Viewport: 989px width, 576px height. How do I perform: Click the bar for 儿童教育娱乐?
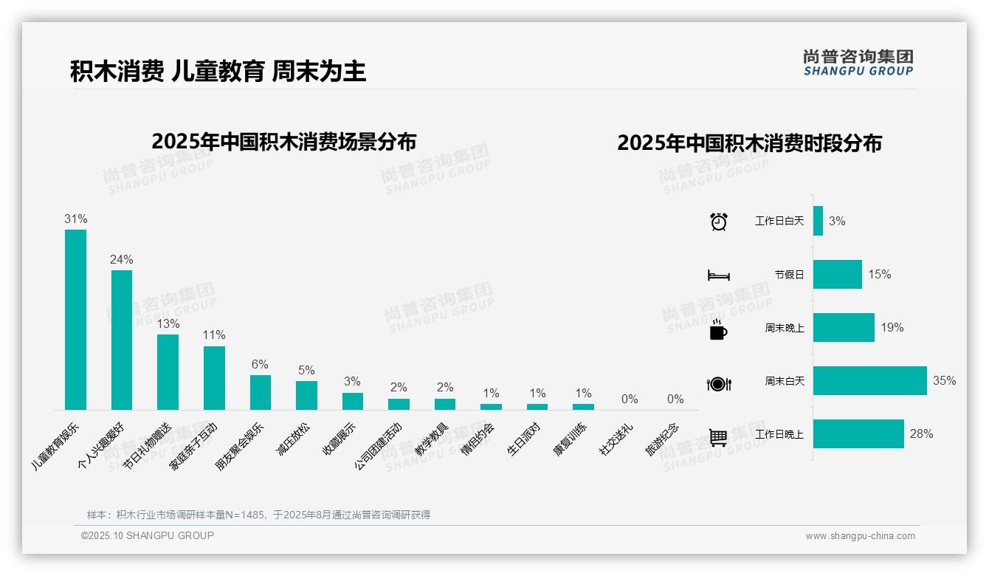click(75, 319)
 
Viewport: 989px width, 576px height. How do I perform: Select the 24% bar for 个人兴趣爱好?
click(122, 340)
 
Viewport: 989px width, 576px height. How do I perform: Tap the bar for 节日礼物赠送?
click(168, 371)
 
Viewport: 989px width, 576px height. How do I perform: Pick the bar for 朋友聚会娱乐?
click(260, 392)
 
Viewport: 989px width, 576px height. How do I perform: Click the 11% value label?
click(214, 335)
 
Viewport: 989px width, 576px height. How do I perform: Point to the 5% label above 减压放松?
click(306, 370)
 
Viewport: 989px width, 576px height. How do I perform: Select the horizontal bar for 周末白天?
click(869, 381)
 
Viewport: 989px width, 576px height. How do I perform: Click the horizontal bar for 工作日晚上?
click(858, 434)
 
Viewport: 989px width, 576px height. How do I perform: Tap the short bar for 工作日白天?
click(818, 221)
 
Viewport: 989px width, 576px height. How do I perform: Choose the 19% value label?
click(892, 327)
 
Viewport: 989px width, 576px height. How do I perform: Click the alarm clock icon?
click(719, 221)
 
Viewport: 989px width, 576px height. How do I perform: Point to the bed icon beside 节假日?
click(719, 275)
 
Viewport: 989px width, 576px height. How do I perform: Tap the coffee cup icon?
click(718, 329)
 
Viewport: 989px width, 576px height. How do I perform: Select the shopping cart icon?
click(718, 437)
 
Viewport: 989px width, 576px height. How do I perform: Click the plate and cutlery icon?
click(719, 383)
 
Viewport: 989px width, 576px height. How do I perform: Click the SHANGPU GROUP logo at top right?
click(858, 63)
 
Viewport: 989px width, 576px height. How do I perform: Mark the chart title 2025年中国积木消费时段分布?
click(749, 143)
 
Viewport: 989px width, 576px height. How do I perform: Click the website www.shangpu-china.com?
click(860, 536)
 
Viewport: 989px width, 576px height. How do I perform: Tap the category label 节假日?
click(789, 275)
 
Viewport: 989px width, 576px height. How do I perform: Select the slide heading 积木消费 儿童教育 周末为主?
click(218, 72)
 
